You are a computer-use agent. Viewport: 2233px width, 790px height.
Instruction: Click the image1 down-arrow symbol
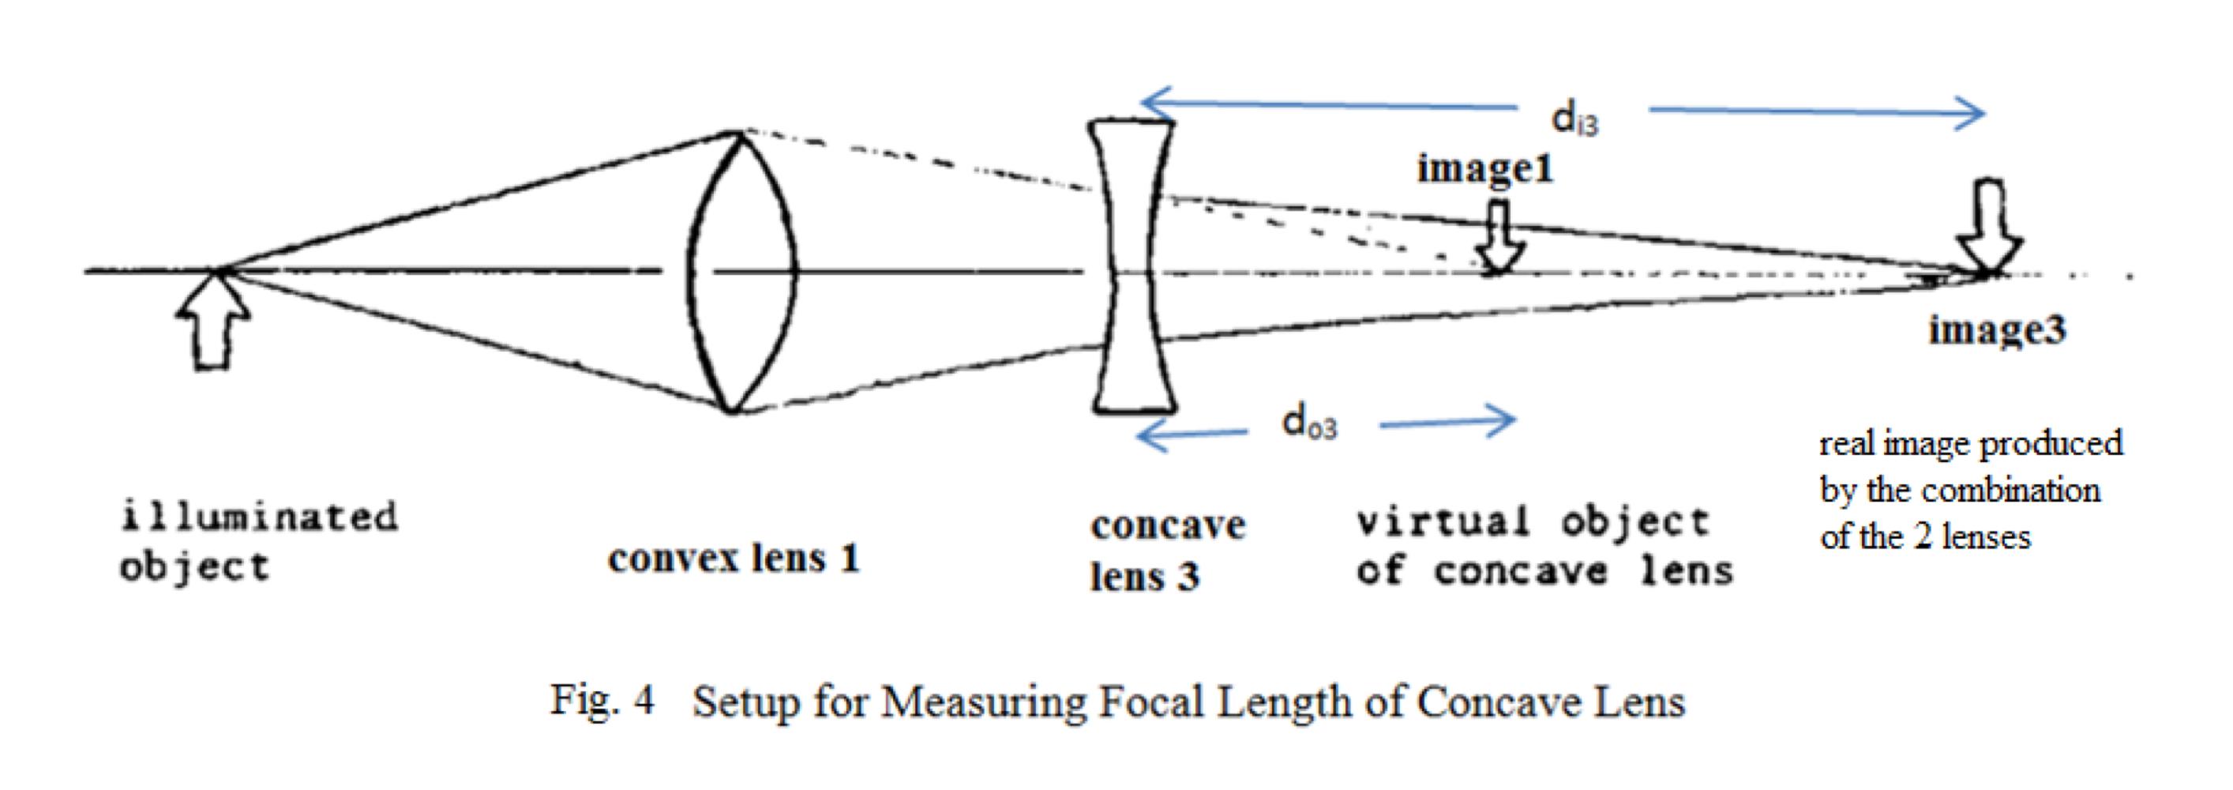[x=1499, y=238]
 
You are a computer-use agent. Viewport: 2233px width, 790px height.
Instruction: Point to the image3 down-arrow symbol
[x=1991, y=228]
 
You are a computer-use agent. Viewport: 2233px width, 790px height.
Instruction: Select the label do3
[x=1309, y=423]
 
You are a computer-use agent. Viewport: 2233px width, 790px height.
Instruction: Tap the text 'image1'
[x=1484, y=168]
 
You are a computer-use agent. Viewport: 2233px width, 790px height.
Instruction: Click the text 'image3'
[x=1996, y=329]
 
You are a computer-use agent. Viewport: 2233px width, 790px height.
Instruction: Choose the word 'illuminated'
[x=259, y=517]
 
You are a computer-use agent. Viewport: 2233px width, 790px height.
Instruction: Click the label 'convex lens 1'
[x=734, y=559]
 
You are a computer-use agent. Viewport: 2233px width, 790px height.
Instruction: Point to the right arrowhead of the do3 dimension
[x=1507, y=419]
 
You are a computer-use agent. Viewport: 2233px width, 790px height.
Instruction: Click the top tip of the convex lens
[x=737, y=134]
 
